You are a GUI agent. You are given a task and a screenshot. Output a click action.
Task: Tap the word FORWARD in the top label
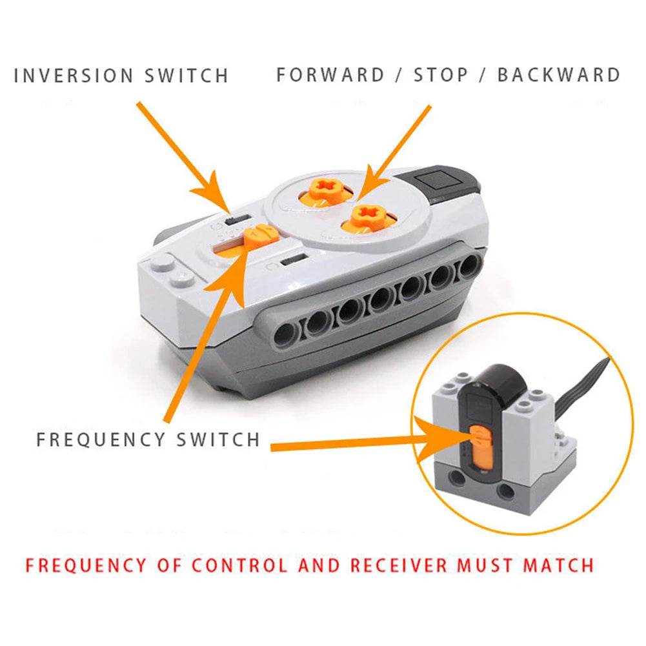(x=331, y=75)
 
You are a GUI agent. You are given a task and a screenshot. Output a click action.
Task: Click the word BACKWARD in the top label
(x=558, y=75)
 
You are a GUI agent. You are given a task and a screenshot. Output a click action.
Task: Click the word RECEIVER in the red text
(x=398, y=565)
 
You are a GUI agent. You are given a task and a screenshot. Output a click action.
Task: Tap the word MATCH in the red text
(x=558, y=565)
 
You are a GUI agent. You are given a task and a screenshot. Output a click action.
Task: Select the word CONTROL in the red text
(x=239, y=565)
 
